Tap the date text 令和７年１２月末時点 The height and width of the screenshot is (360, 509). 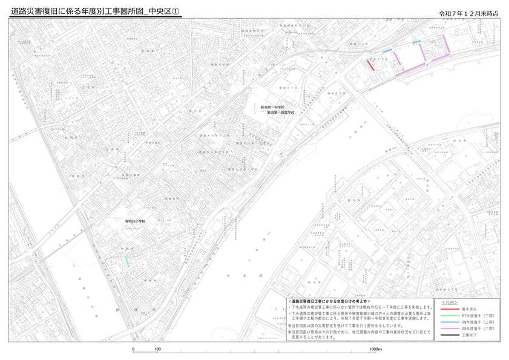pos(470,13)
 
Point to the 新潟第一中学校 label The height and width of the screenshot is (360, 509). pos(272,107)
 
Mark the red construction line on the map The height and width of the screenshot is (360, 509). pos(370,65)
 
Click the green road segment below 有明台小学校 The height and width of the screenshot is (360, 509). pos(127,260)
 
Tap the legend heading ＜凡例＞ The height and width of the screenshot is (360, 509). pos(450,301)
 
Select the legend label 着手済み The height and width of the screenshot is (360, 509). pos(468,309)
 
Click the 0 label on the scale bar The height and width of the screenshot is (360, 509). pos(133,350)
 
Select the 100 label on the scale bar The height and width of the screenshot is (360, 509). pos(157,350)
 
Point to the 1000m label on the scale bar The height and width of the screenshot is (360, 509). pos(375,350)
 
